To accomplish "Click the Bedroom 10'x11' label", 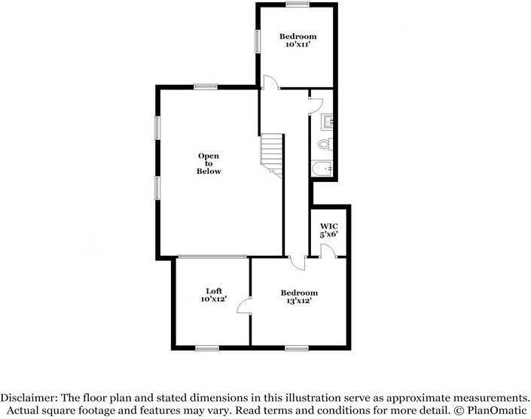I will [298, 41].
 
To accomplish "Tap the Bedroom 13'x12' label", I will [299, 296].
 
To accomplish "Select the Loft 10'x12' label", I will [214, 295].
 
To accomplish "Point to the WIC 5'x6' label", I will [329, 229].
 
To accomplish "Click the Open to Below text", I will [209, 163].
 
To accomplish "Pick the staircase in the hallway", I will [272, 155].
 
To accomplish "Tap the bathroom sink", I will [328, 120].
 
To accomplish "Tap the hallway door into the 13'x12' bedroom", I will [297, 263].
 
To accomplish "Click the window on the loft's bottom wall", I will [206, 348].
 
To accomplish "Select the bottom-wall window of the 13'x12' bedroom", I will [296, 348].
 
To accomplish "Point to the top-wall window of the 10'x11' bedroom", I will [298, 5].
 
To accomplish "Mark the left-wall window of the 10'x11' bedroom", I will [258, 41].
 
